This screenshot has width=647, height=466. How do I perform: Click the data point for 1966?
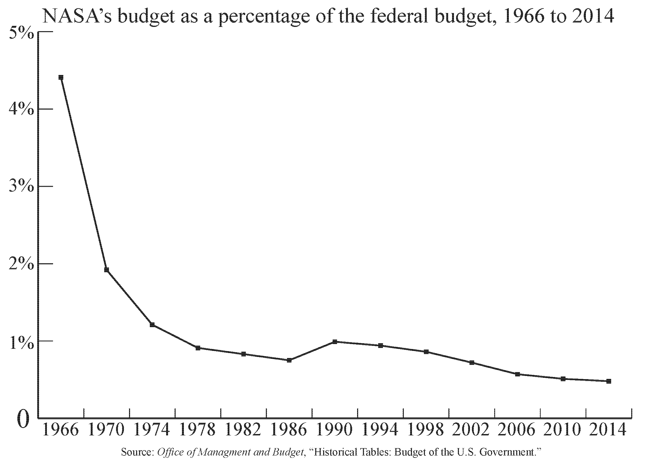point(61,77)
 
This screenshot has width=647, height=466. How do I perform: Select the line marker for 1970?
point(106,270)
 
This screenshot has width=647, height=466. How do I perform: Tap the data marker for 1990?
point(335,341)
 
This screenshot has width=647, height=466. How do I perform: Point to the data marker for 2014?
point(608,381)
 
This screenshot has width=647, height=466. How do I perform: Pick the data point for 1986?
point(289,360)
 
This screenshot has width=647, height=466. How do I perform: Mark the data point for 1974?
point(152,325)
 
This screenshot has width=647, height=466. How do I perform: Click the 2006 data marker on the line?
point(517,374)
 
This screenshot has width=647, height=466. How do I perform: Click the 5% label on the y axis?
point(22,34)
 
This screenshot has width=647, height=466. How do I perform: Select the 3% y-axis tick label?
point(22,188)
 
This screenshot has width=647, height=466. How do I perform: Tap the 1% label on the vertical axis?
point(22,342)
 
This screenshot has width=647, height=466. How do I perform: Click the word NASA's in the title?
point(77,16)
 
